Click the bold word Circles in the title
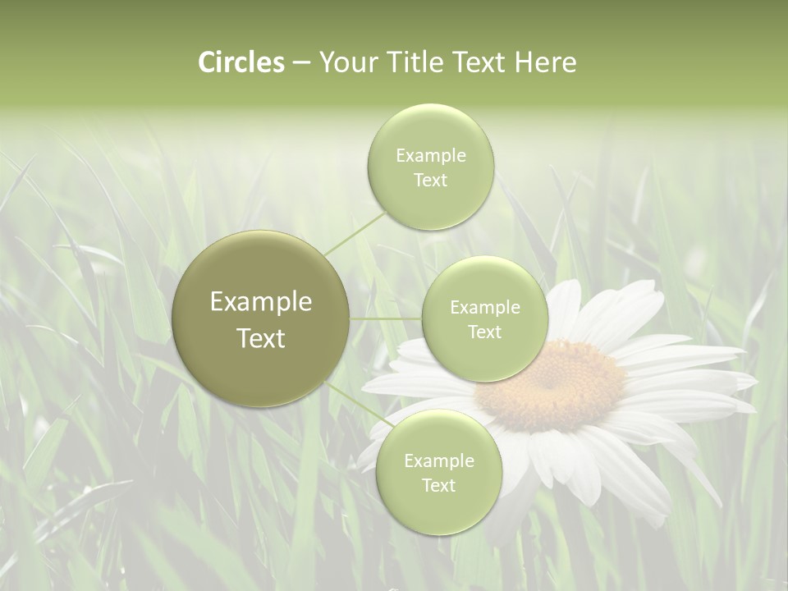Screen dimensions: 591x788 (x=241, y=62)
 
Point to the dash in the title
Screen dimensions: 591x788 (x=301, y=63)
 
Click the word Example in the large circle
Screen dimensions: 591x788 (x=261, y=302)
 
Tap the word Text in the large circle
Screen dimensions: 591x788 (x=261, y=338)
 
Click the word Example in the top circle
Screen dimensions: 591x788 (x=431, y=156)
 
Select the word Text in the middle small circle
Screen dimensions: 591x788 (x=484, y=332)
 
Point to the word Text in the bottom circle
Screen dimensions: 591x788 (x=438, y=486)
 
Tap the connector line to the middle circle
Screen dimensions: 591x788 (x=386, y=318)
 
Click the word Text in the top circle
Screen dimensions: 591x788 (x=430, y=181)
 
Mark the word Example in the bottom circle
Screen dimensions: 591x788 (x=439, y=461)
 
